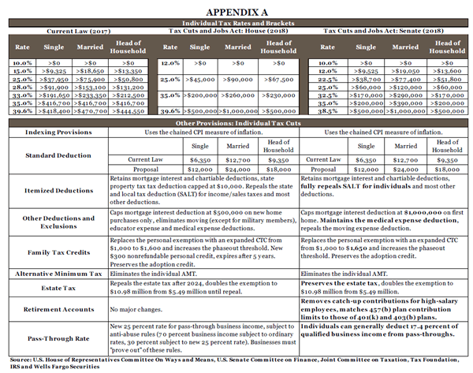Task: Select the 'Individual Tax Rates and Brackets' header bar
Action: pos(236,24)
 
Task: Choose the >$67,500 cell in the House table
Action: pos(270,80)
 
